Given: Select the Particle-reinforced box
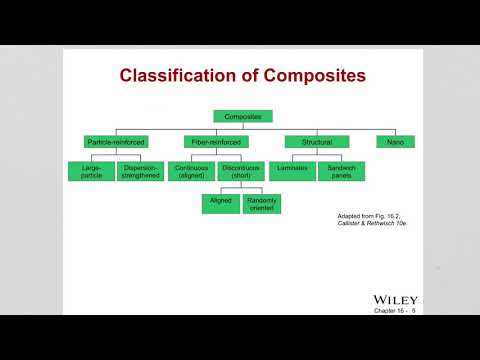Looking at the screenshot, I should (x=115, y=142).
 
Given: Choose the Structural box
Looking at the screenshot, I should (x=317, y=142).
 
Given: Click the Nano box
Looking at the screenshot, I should (x=395, y=142).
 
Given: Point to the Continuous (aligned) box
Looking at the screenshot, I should (x=192, y=171).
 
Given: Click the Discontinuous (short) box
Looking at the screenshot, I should (x=240, y=171).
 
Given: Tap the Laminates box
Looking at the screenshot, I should (x=293, y=171).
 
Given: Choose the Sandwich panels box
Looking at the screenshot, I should (x=341, y=171).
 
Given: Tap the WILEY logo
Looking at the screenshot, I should (x=395, y=299).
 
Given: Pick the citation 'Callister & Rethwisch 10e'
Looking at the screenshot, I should (x=368, y=224).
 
